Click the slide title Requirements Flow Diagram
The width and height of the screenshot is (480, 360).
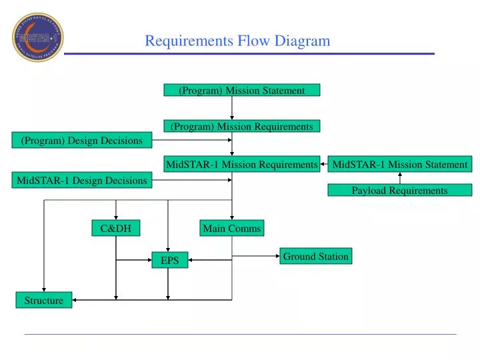click(237, 41)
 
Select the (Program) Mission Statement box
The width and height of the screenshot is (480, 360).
click(242, 90)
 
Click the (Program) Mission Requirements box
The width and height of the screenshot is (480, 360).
click(242, 126)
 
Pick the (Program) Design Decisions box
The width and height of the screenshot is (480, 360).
click(82, 140)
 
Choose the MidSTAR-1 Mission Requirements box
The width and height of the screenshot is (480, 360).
click(241, 164)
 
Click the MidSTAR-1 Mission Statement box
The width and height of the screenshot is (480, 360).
click(400, 164)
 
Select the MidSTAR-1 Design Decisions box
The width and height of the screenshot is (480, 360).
click(82, 180)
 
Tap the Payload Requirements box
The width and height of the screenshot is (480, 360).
click(400, 190)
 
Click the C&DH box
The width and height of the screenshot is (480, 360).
click(116, 229)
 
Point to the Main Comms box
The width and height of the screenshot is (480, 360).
click(232, 229)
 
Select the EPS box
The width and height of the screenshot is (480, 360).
click(170, 261)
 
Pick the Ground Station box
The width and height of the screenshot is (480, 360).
click(315, 256)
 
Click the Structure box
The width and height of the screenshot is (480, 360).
click(44, 300)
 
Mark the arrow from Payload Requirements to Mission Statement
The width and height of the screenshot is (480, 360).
click(400, 177)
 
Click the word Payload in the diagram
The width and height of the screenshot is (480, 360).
click(369, 190)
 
